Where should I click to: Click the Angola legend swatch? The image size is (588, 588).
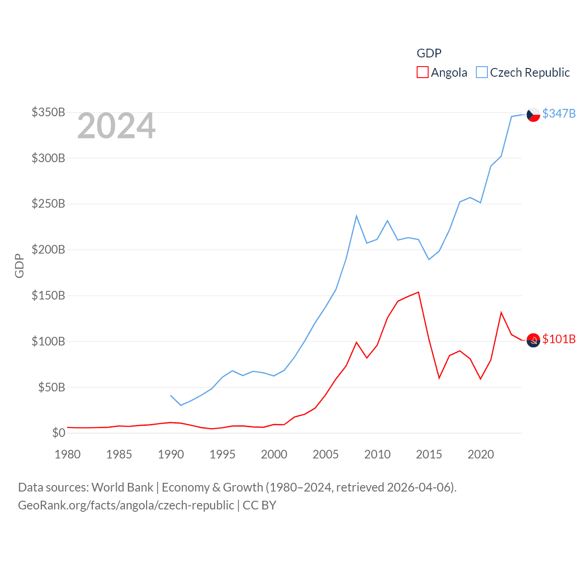[422, 73]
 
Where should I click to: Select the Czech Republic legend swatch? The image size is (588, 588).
[481, 73]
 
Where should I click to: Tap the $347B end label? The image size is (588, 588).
[559, 113]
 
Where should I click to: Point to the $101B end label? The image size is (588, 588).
[559, 339]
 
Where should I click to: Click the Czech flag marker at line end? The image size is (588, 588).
[533, 114]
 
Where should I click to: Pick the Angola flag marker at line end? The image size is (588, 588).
[533, 340]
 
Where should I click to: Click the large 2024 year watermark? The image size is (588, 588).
[116, 126]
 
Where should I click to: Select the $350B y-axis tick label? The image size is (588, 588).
[48, 112]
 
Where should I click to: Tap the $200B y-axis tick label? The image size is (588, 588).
[48, 249]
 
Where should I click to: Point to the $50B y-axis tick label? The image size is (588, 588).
[51, 387]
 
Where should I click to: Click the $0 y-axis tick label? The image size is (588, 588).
[58, 433]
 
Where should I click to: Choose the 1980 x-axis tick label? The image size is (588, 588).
[68, 454]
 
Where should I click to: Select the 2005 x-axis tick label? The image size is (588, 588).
[326, 454]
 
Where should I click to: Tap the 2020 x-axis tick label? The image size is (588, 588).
[481, 454]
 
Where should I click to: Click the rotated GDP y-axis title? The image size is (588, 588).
[19, 266]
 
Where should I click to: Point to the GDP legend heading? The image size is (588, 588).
[429, 53]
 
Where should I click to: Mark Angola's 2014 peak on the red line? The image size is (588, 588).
[418, 292]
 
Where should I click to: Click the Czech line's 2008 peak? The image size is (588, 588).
[356, 216]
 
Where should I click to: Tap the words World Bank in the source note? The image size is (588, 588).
[122, 487]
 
